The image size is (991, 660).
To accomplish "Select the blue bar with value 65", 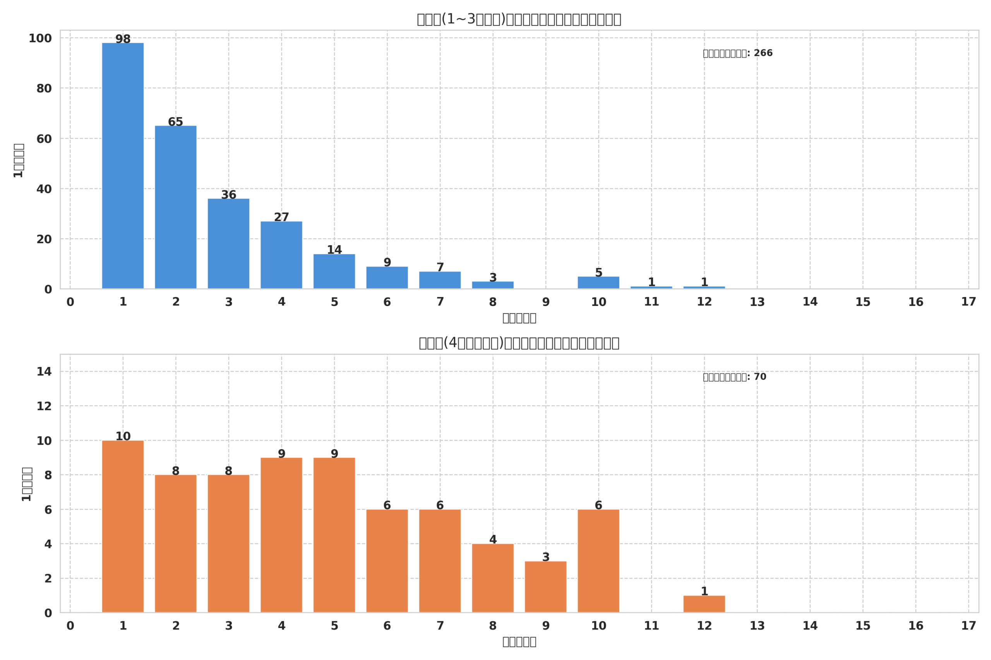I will click(176, 207).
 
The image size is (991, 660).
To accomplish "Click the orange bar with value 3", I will click(546, 587).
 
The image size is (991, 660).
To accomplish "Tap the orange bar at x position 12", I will click(704, 604).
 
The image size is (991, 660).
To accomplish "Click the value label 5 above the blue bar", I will click(598, 273).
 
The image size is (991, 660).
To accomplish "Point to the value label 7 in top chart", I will click(440, 268).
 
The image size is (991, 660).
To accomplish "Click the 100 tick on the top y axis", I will click(40, 38).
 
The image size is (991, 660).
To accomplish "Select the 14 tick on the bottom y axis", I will click(44, 372).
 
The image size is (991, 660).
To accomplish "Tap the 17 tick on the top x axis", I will click(968, 302).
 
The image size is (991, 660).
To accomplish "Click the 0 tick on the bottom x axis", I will click(70, 626).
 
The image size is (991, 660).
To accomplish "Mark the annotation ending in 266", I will click(737, 53).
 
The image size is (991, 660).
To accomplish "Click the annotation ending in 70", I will click(734, 377).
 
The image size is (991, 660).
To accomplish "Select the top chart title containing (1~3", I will click(519, 19).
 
